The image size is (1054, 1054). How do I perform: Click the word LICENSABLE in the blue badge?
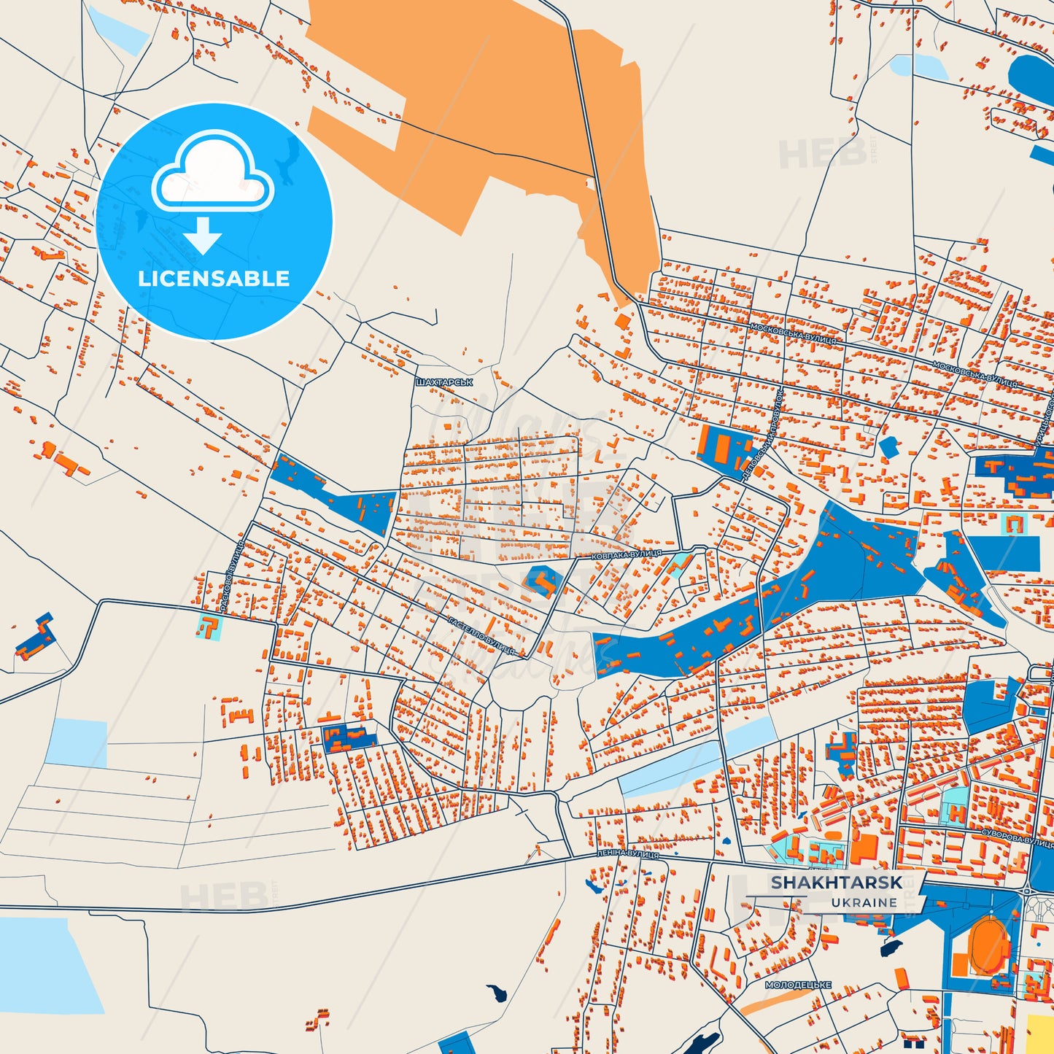tap(214, 279)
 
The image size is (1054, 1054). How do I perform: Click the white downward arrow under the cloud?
tap(203, 236)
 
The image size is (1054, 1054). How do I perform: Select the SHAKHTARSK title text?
tap(837, 883)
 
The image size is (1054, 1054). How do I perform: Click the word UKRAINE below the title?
tap(864, 903)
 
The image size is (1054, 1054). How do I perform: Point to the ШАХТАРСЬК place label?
tap(444, 382)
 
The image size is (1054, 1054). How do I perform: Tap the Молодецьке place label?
tap(798, 985)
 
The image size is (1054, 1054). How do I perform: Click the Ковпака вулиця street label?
tap(627, 554)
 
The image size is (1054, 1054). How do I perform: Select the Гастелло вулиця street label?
tap(481, 635)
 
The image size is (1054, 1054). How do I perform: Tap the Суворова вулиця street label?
tap(1017, 837)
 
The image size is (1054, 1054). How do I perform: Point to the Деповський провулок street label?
tap(762, 435)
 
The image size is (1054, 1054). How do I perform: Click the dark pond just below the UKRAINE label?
tap(891, 948)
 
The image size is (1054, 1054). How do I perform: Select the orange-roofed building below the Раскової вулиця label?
tap(210, 627)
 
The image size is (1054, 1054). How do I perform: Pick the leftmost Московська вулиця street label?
tap(794, 333)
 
